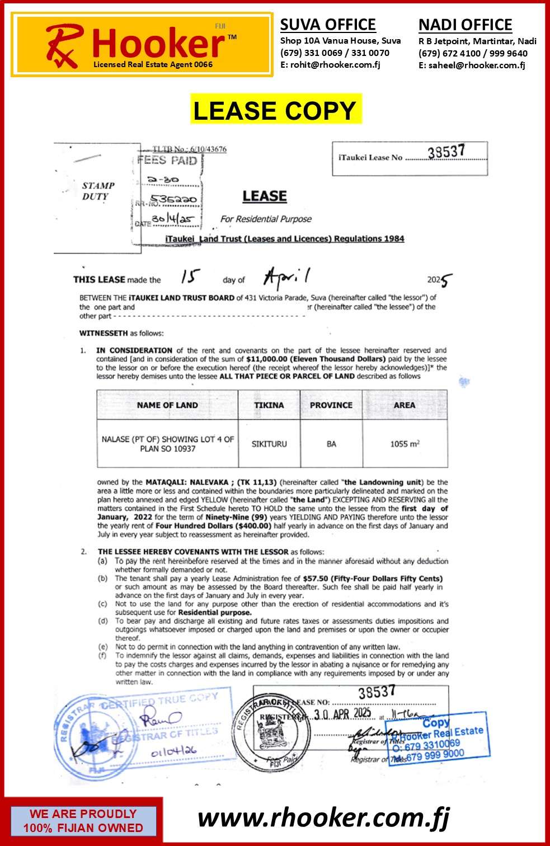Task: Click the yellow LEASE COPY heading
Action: [x=275, y=110]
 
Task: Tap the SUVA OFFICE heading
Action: [x=328, y=25]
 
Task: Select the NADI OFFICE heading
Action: [x=465, y=25]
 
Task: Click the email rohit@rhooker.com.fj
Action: [x=330, y=64]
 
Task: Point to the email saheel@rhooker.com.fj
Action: [x=472, y=65]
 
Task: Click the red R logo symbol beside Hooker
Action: [x=64, y=45]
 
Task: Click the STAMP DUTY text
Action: [x=97, y=191]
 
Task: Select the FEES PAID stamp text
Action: [x=168, y=161]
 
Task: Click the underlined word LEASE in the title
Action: [x=265, y=196]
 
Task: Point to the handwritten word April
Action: [x=286, y=276]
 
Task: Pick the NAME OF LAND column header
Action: [x=167, y=405]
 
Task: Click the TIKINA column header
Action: [x=269, y=405]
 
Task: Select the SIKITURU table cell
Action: [x=269, y=444]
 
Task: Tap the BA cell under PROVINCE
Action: [x=331, y=444]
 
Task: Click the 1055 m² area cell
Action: [x=405, y=444]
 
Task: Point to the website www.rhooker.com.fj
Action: [x=323, y=817]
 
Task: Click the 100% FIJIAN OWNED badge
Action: [x=83, y=821]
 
